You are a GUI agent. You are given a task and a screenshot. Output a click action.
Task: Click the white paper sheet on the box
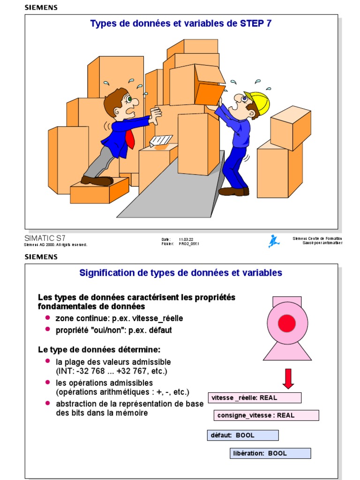click(160, 140)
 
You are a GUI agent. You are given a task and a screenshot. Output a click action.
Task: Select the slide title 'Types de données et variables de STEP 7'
click(181, 23)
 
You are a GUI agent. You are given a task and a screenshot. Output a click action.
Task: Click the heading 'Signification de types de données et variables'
click(181, 272)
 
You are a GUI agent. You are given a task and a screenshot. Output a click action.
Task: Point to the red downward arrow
click(288, 378)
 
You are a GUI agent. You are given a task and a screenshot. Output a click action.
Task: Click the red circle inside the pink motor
click(287, 323)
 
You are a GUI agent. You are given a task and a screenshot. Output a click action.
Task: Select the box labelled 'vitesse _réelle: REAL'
click(255, 397)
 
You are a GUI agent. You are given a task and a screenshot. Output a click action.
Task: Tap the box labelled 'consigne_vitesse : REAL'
click(267, 415)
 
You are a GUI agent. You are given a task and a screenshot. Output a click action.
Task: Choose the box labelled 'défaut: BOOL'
click(243, 435)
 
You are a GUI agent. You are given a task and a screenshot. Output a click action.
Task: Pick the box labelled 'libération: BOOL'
click(270, 453)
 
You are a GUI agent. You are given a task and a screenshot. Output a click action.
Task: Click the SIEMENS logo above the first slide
click(41, 7)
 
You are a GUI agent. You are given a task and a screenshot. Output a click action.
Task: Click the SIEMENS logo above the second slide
click(41, 257)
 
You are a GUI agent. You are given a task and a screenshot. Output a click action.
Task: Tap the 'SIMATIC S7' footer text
click(45, 238)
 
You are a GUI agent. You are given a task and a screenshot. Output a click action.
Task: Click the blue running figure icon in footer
click(274, 241)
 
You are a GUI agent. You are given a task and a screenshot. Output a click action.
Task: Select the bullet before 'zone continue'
click(48, 318)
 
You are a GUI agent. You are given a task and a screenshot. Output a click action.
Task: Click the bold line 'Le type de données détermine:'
click(99, 350)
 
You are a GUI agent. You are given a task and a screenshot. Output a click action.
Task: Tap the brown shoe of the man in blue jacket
click(97, 180)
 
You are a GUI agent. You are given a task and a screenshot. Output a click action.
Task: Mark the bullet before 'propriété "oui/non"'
click(48, 330)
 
